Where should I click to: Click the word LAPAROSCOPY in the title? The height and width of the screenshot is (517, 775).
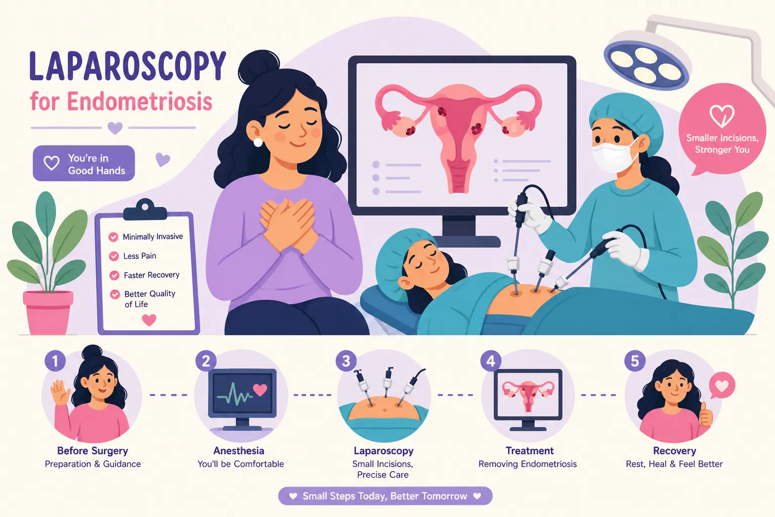(x=128, y=66)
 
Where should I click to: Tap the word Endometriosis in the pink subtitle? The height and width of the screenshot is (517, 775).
(x=139, y=101)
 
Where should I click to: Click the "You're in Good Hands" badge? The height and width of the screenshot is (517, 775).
(x=84, y=163)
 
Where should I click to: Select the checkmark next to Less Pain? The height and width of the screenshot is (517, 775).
(x=114, y=256)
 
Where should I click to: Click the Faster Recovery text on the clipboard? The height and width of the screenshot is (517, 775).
(x=151, y=275)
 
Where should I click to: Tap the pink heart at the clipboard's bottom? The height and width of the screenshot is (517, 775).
(x=149, y=320)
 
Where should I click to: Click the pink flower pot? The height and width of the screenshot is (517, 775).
(x=48, y=313)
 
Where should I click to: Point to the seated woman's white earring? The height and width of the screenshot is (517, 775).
(x=258, y=142)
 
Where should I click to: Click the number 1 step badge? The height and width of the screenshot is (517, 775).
(x=55, y=361)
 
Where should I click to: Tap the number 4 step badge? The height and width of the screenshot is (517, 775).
(x=490, y=361)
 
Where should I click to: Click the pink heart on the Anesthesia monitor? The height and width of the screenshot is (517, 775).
(x=260, y=390)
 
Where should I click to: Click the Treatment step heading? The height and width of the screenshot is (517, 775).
(x=530, y=451)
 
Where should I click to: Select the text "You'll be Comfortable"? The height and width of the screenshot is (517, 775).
(x=241, y=464)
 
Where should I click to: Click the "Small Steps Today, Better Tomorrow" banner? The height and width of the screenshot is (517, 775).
(x=385, y=496)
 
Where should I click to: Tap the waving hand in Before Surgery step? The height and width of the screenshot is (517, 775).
(x=60, y=393)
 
